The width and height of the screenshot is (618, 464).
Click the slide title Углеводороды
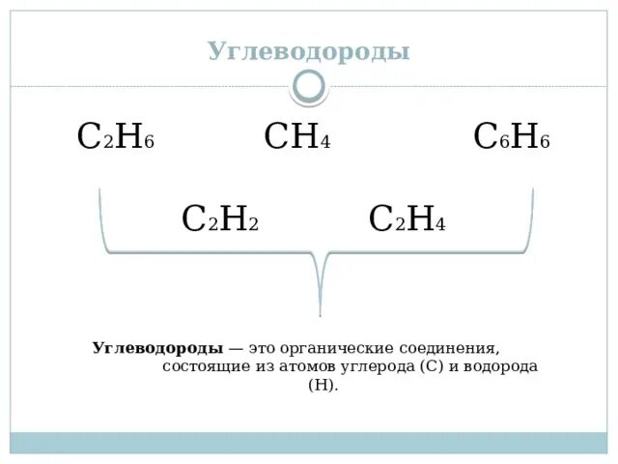tap(309, 51)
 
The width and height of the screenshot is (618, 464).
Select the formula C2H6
tap(115, 137)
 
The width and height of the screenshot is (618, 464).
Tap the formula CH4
tap(297, 137)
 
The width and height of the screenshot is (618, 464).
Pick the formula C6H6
tap(511, 137)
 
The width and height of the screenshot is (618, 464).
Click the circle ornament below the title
tap(309, 87)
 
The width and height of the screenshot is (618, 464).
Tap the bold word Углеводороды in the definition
tap(157, 348)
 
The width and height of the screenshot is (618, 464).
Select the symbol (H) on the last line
tap(323, 385)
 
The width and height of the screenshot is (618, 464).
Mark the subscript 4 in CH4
tap(326, 142)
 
